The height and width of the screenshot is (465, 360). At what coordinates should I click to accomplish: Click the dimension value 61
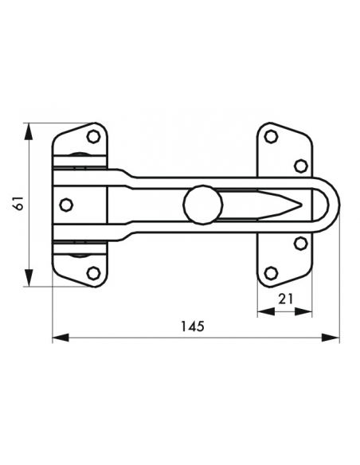click(x=20, y=203)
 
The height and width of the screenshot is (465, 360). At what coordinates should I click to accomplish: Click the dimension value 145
click(x=193, y=326)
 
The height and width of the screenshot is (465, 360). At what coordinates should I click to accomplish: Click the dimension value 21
click(x=286, y=299)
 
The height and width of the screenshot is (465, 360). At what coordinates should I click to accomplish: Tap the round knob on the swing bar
click(x=203, y=205)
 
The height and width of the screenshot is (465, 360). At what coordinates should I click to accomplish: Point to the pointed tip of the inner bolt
click(x=301, y=205)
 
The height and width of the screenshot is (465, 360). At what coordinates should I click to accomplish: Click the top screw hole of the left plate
click(x=93, y=137)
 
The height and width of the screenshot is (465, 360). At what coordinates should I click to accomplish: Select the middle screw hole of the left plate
click(x=66, y=205)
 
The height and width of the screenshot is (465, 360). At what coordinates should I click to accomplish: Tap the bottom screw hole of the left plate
click(x=93, y=272)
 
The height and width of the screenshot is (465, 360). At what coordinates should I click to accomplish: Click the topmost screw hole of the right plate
click(x=271, y=137)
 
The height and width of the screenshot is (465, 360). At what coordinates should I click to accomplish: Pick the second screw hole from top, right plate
click(x=301, y=166)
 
